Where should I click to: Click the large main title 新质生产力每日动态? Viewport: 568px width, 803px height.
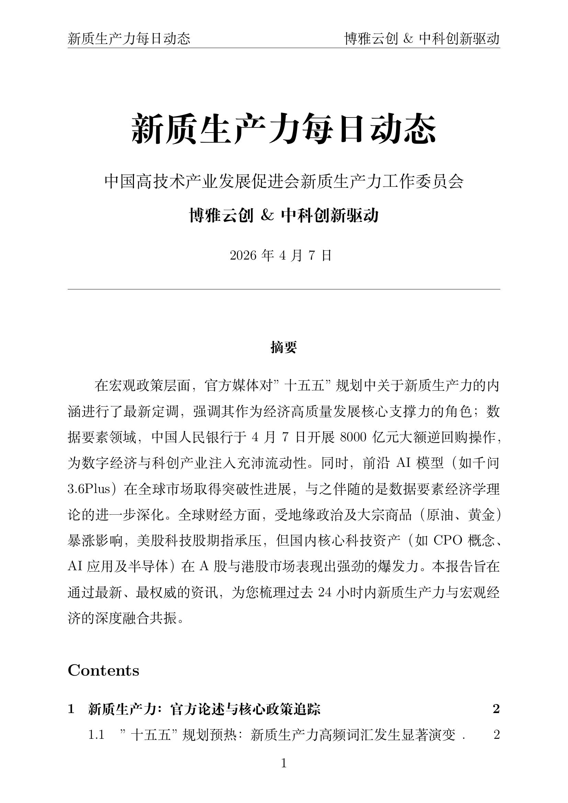click(x=284, y=129)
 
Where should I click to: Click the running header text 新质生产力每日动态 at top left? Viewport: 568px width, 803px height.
click(x=129, y=38)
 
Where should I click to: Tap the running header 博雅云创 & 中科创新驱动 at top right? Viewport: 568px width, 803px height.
click(x=422, y=38)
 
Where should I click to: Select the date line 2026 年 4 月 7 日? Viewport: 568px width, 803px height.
click(x=281, y=256)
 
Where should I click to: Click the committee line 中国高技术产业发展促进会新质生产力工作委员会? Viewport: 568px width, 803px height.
click(x=284, y=182)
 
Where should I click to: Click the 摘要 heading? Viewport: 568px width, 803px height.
click(x=284, y=347)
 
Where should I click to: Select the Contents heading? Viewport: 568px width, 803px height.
click(x=103, y=671)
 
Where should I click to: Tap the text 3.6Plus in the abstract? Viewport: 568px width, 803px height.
click(x=89, y=489)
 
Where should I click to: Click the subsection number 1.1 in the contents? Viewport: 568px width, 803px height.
click(x=96, y=735)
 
